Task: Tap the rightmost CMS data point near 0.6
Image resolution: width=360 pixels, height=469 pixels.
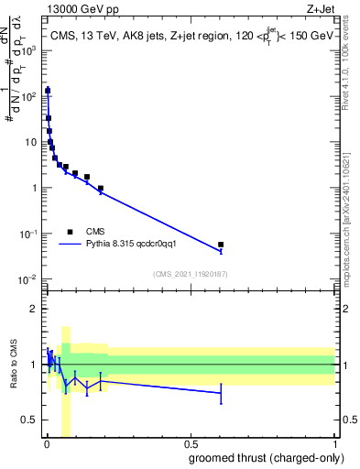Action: tap(221, 245)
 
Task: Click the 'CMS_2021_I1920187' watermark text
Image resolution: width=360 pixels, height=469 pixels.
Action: tap(190, 274)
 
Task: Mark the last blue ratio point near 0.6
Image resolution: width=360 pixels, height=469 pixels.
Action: tap(221, 393)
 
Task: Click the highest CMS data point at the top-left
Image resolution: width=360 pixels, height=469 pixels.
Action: tap(48, 91)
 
